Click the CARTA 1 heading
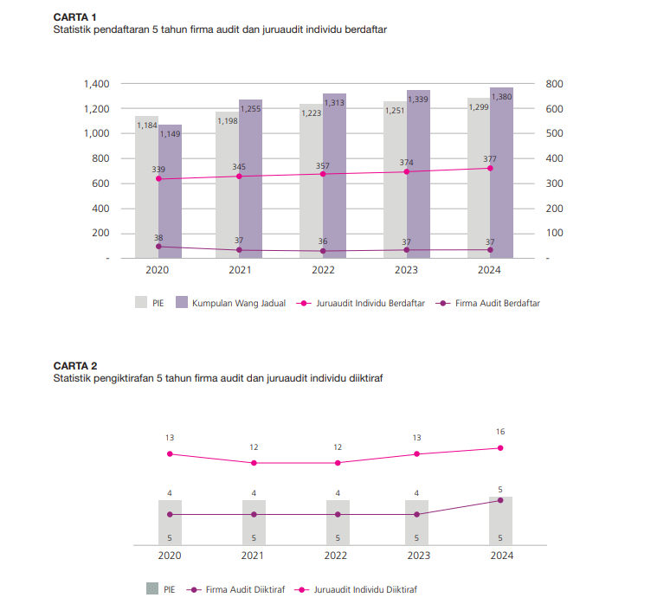pos(75,17)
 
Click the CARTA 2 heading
pos(75,366)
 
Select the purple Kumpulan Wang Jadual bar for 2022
pos(334,182)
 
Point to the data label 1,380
pos(501,97)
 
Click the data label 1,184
pos(146,125)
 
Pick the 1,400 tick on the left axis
pos(97,84)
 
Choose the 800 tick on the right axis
pos(555,84)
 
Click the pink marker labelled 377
pos(490,168)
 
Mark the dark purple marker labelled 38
pos(158,247)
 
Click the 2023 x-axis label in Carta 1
pos(406,272)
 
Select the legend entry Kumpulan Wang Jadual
pos(231,304)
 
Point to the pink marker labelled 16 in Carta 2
pos(500,448)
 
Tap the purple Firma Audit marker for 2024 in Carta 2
pos(500,500)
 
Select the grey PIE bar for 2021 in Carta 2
pos(254,523)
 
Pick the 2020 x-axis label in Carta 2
pos(170,556)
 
